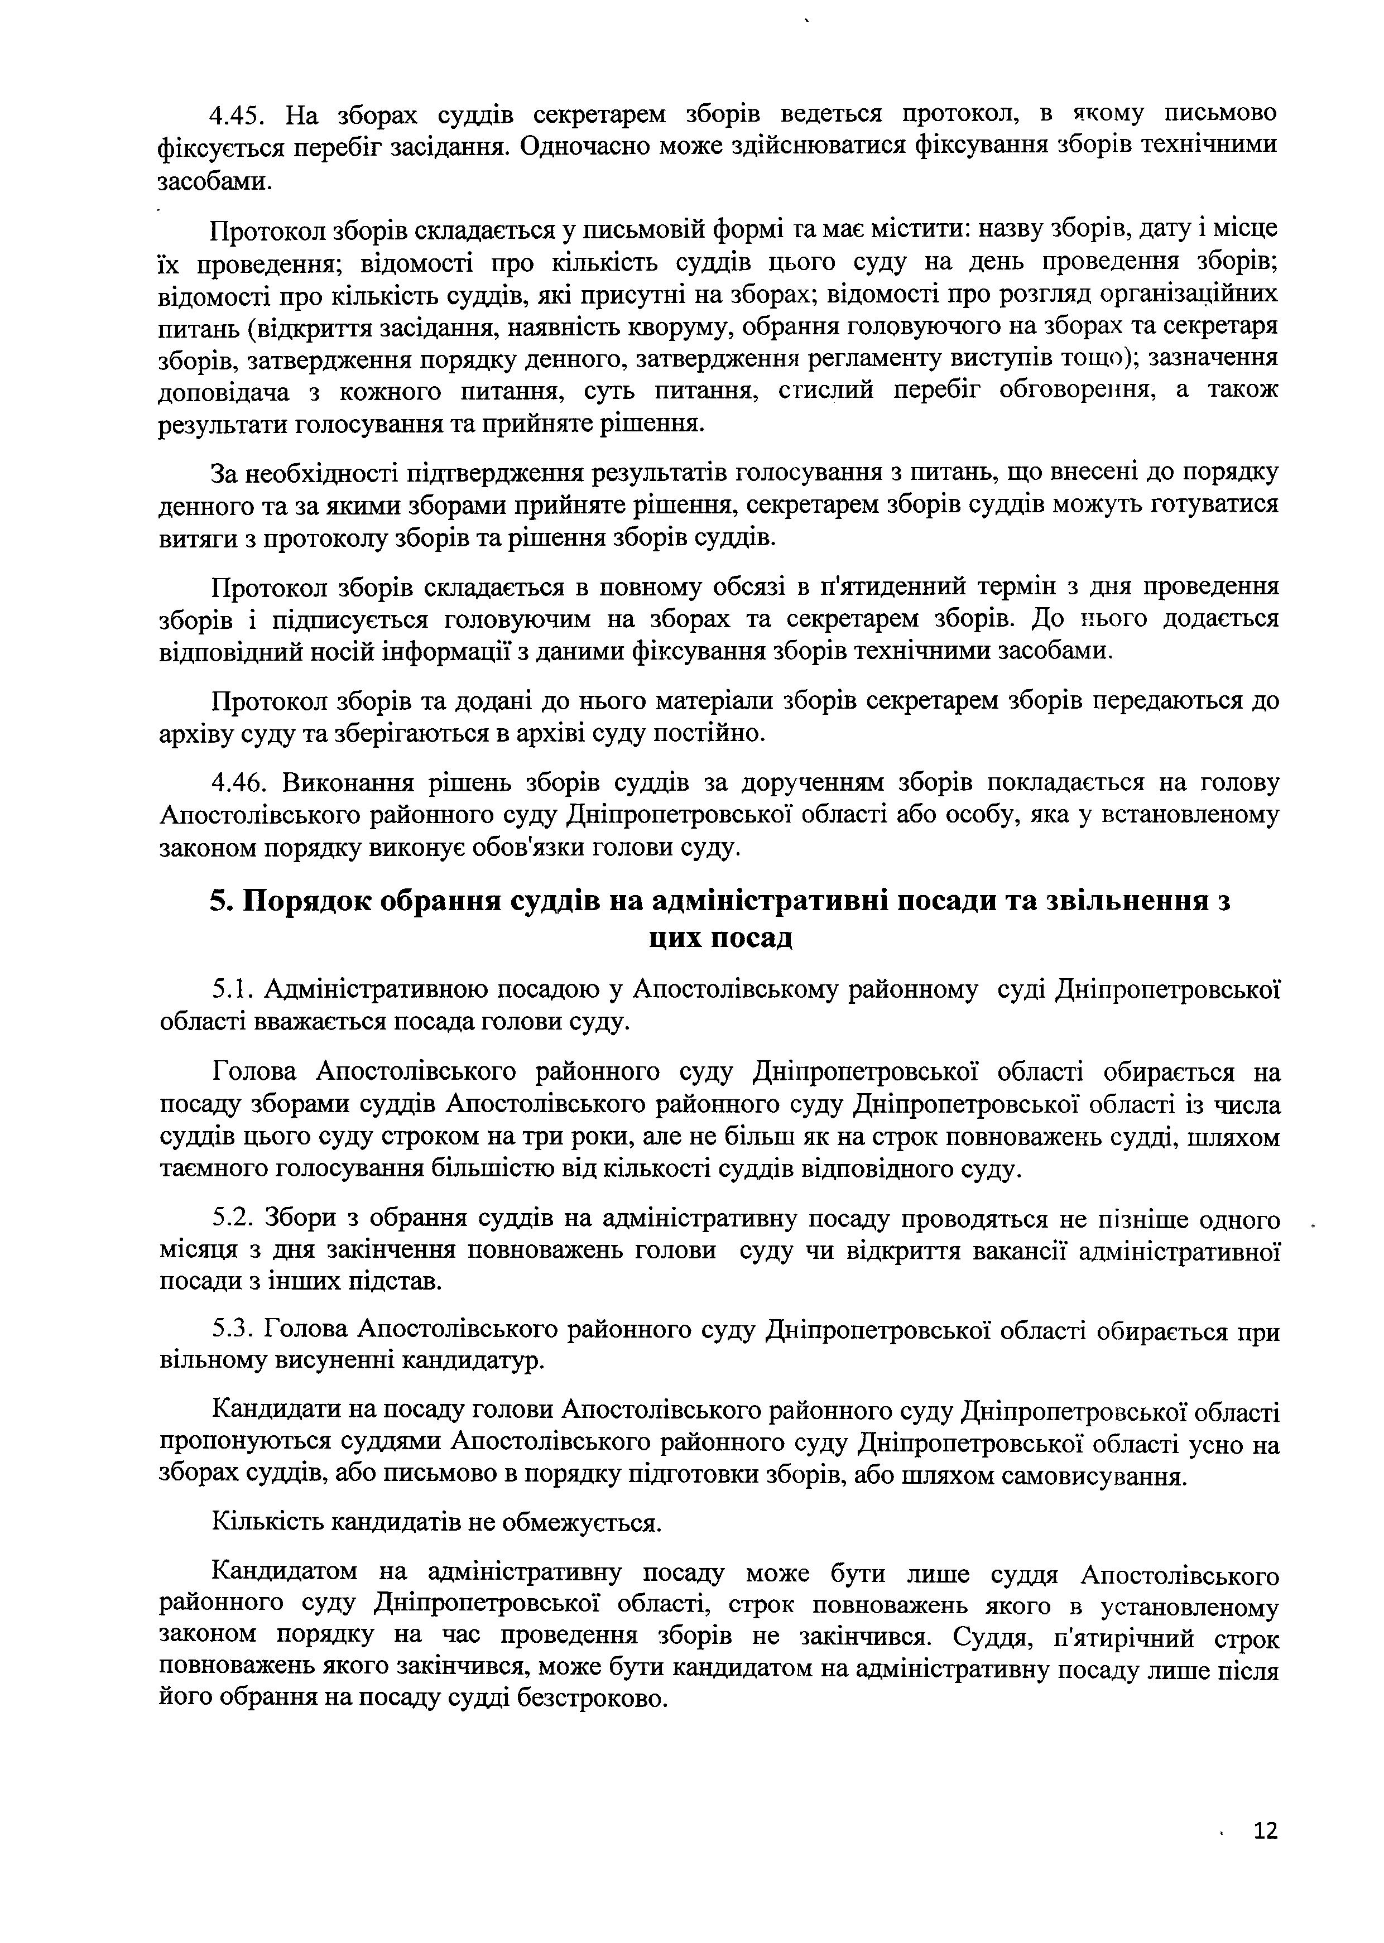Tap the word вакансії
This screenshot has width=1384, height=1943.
click(x=1014, y=1251)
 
